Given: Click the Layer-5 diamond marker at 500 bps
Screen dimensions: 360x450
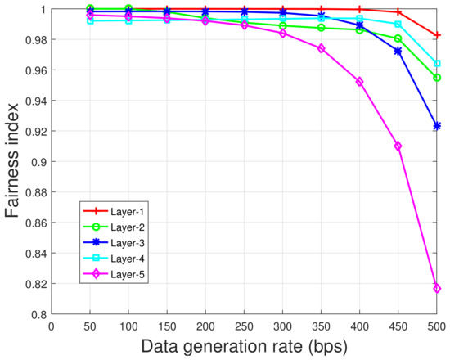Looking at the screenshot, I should point(437,288).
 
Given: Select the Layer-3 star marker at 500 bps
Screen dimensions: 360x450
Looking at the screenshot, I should point(437,126).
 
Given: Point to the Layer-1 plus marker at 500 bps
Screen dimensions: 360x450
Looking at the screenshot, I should point(437,35).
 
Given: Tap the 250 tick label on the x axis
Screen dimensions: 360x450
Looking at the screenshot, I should point(205,325).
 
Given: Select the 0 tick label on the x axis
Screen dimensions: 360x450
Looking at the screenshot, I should point(52,325).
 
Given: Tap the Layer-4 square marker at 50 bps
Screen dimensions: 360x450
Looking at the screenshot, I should point(90,20).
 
